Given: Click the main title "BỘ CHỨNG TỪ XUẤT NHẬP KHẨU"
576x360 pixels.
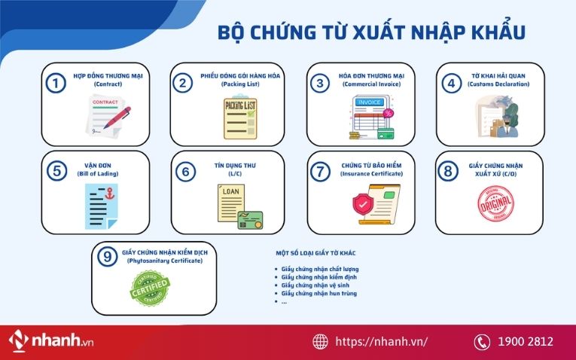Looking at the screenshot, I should pos(371,32).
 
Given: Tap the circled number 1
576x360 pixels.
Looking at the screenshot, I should pos(55,83).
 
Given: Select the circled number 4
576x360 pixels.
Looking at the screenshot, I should pos(451,83).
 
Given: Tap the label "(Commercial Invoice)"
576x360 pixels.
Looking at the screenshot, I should pos(371,84).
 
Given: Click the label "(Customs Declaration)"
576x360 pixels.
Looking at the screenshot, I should pos(498,84).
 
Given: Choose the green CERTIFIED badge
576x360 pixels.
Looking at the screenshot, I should pos(151,289).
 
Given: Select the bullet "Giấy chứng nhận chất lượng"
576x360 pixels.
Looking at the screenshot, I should pos(316,269).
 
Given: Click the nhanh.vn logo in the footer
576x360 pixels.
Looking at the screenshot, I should pos(49,340).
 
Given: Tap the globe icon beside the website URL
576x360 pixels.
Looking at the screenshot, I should pos(319,341).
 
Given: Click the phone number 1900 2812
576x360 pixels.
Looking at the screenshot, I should pos(526,341).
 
